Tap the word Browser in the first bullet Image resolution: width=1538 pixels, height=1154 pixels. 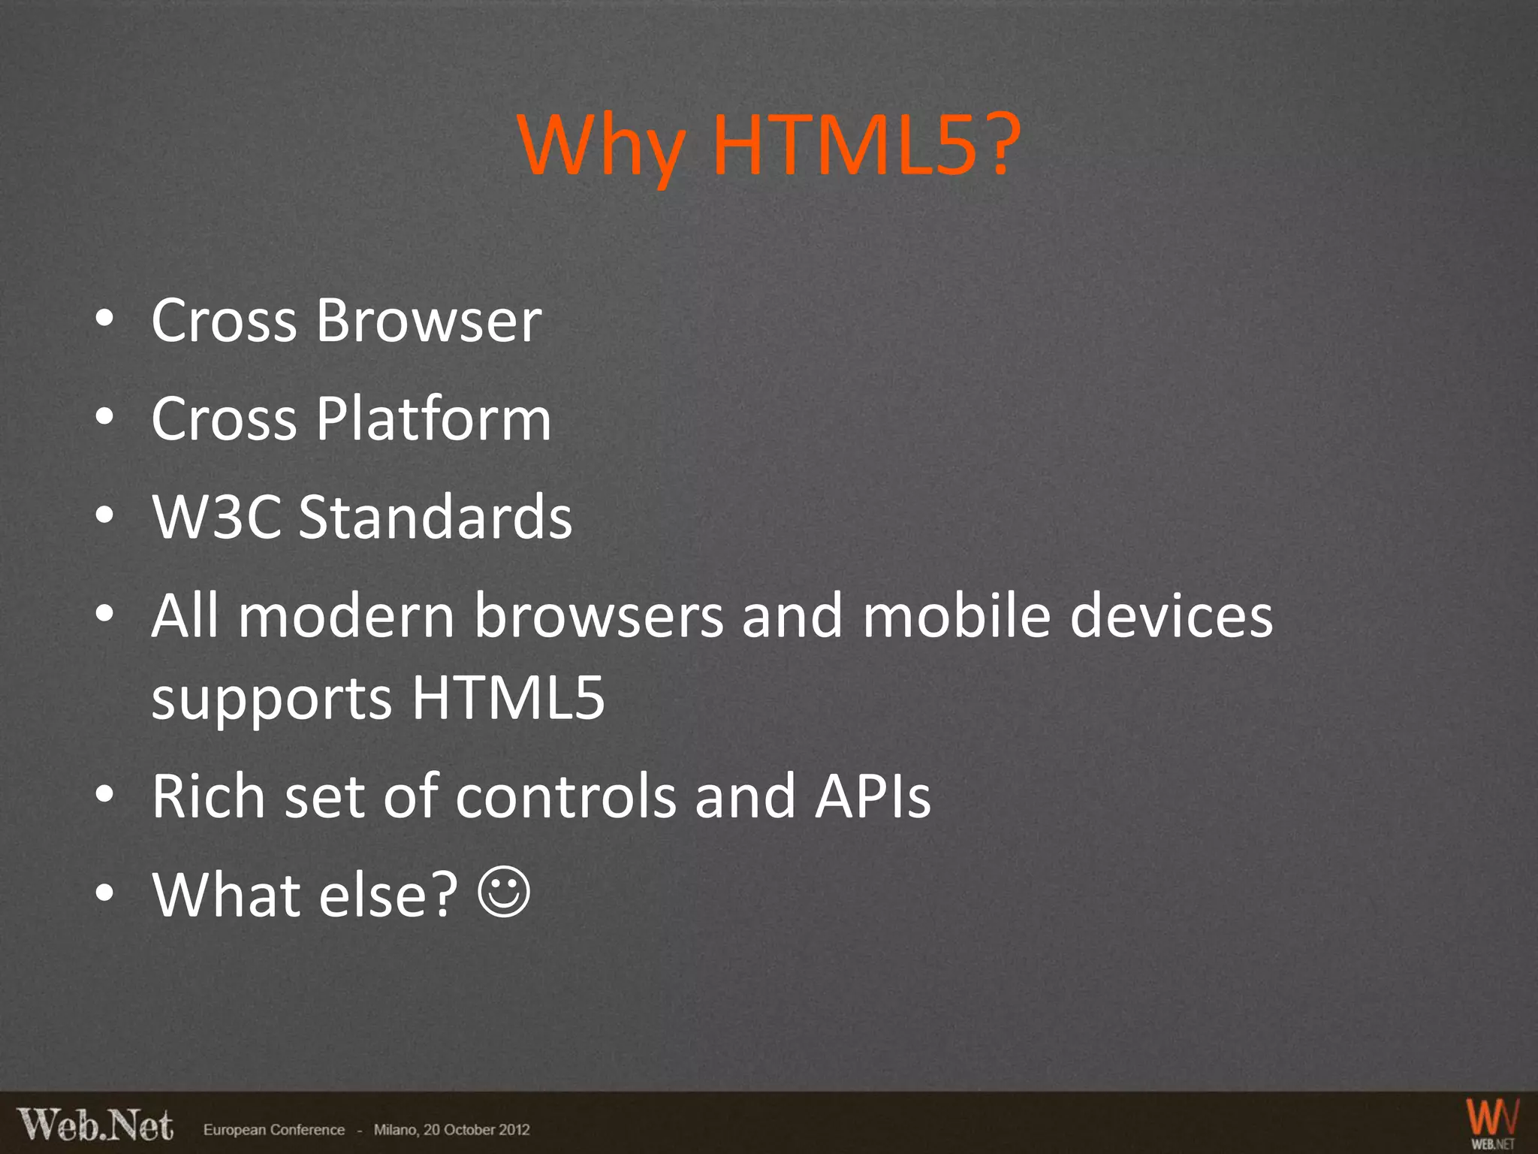tap(428, 321)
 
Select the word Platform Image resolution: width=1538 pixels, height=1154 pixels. tap(433, 418)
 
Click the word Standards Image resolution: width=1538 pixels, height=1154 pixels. tap(436, 517)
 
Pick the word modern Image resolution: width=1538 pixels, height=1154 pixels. tap(347, 616)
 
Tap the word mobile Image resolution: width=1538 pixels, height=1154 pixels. tap(956, 616)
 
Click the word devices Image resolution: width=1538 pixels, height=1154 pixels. tap(1171, 616)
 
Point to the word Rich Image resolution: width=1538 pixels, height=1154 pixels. tap(208, 796)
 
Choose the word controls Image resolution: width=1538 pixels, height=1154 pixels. tap(565, 796)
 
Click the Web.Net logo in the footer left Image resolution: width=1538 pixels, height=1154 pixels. tap(95, 1125)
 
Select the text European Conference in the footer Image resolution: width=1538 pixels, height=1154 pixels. tap(274, 1130)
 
